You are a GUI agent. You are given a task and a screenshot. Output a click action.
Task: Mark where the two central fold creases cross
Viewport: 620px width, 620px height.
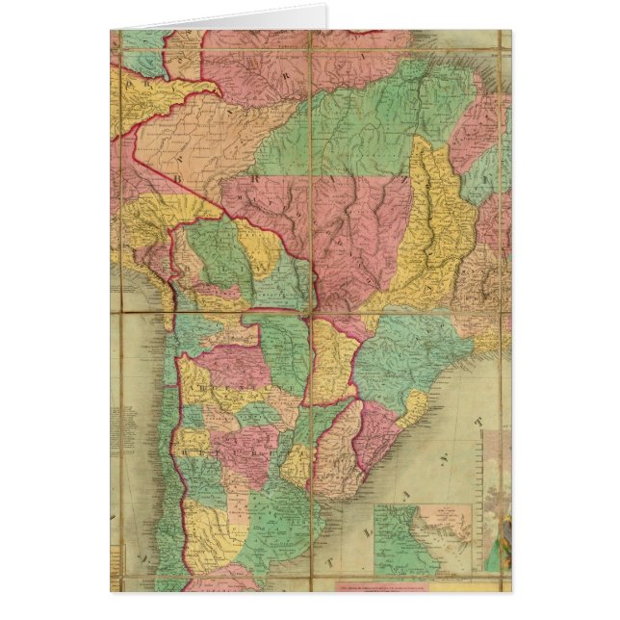(310, 312)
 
